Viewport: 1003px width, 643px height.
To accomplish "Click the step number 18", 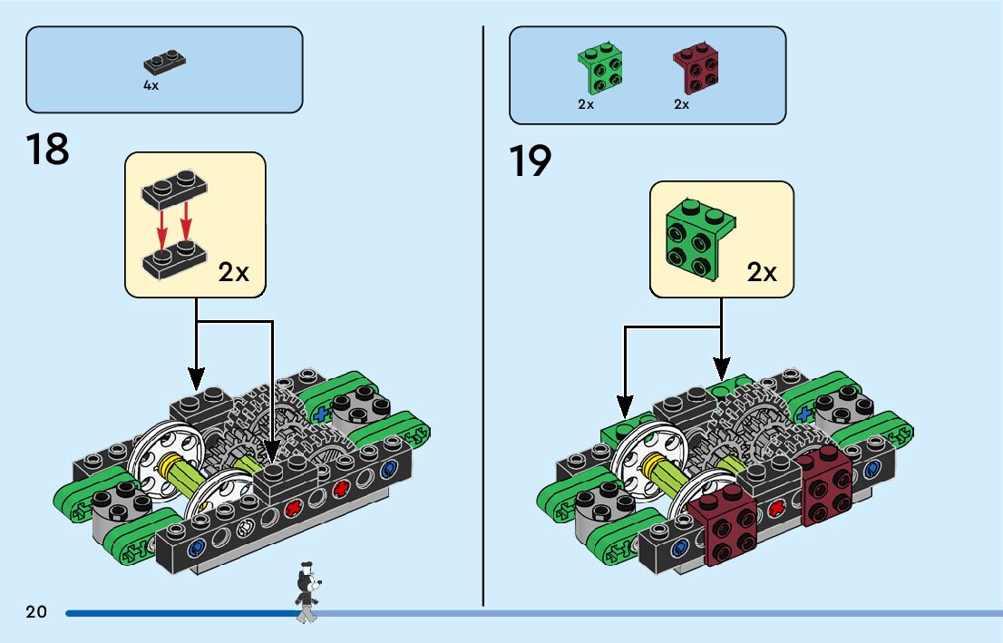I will (48, 149).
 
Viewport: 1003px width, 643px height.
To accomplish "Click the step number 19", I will (531, 161).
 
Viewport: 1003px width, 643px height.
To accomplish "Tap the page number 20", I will (36, 612).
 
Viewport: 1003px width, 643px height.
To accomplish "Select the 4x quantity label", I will (151, 84).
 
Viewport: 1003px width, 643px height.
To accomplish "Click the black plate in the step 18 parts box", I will (165, 63).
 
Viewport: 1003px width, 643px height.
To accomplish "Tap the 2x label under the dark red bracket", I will (682, 104).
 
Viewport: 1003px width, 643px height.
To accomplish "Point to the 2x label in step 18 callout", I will (233, 272).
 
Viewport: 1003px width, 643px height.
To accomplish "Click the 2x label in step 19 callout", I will (762, 272).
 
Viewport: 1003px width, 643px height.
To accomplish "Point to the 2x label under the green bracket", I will (586, 104).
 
